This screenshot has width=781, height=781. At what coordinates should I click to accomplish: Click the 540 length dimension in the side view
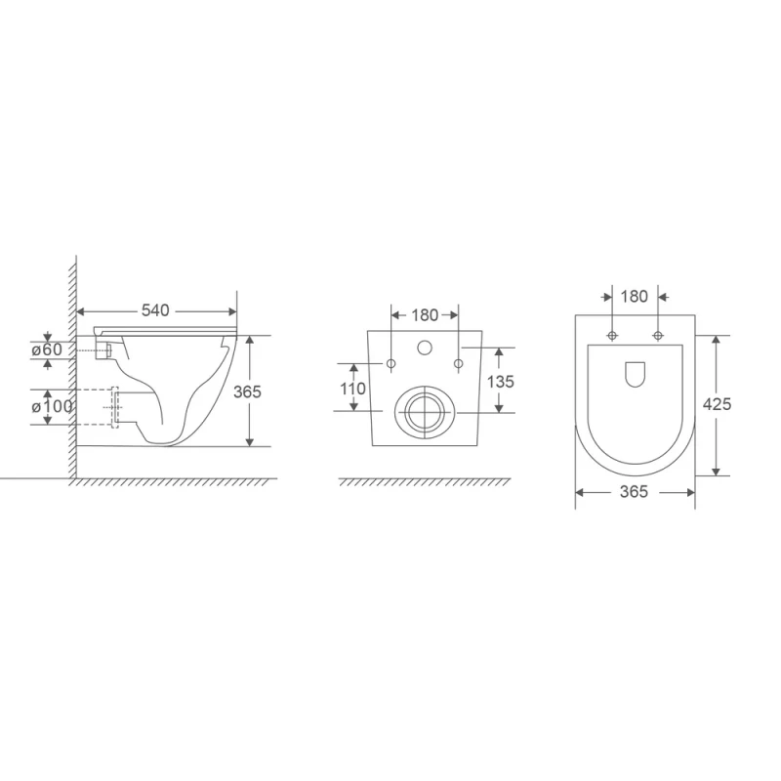tap(155, 310)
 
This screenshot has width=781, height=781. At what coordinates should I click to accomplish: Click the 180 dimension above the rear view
tap(424, 314)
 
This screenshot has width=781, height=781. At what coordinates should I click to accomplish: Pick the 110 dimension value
tap(352, 388)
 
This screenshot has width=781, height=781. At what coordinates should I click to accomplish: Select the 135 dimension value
tap(500, 381)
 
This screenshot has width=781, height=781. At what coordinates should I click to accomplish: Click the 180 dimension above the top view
tap(635, 297)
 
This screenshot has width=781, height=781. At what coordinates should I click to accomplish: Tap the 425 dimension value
tap(718, 403)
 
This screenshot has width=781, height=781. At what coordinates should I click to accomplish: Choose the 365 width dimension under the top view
tap(635, 492)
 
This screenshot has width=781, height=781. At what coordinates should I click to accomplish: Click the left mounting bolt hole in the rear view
tap(390, 364)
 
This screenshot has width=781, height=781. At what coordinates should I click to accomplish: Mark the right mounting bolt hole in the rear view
tap(457, 364)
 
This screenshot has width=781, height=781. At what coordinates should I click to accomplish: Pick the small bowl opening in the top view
tap(635, 373)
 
